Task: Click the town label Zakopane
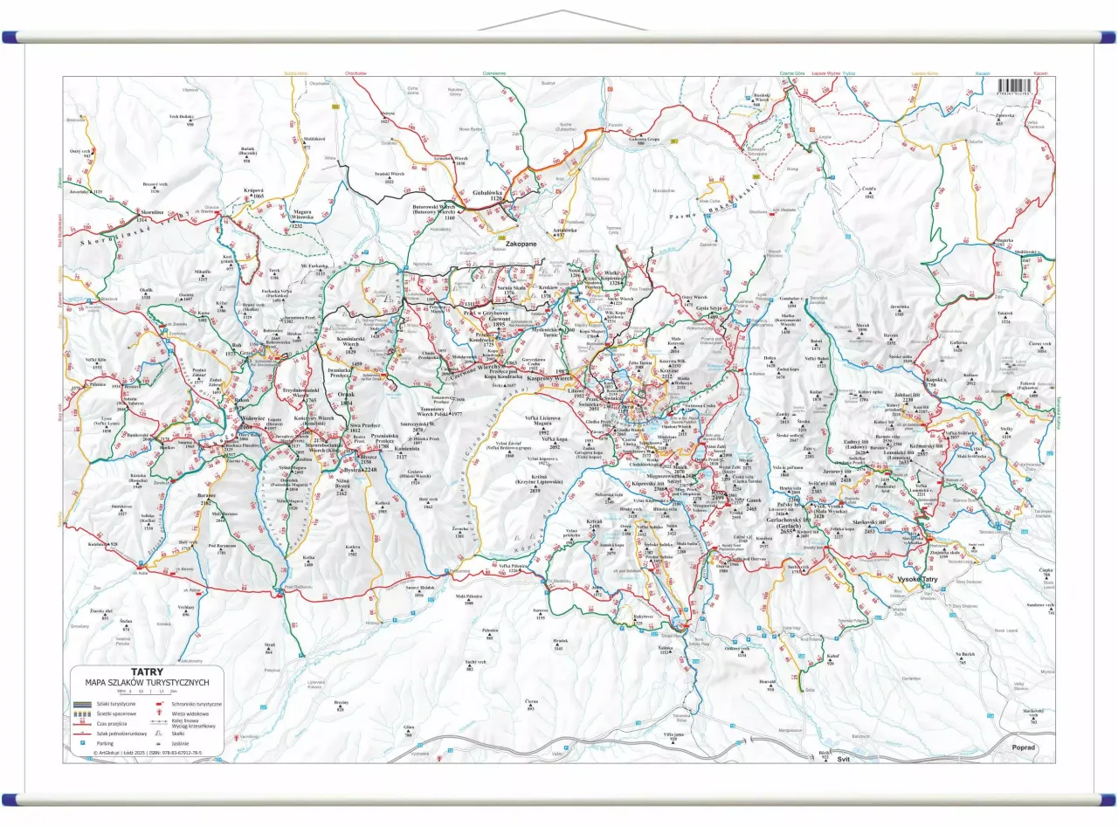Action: [512, 245]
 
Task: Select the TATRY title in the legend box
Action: [144, 672]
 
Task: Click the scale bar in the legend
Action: [144, 693]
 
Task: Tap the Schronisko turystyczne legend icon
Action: [160, 703]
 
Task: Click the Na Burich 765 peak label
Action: [964, 657]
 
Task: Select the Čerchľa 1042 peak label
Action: [869, 193]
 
